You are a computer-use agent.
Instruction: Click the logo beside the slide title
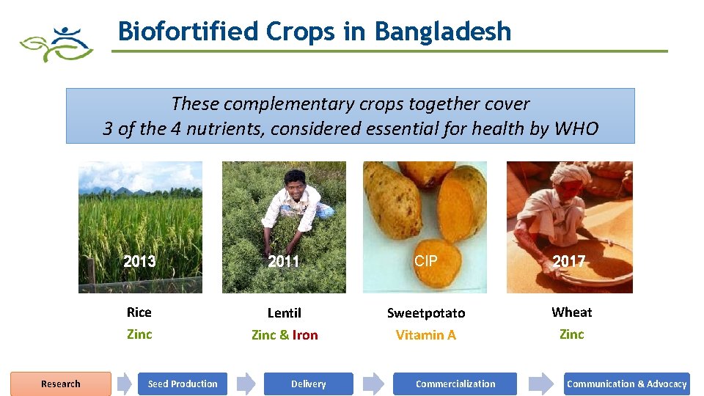(x=56, y=44)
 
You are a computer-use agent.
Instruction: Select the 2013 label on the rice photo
(x=139, y=261)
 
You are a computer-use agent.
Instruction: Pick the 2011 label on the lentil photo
(x=283, y=261)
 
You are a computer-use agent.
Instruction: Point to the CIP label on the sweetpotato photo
(x=426, y=260)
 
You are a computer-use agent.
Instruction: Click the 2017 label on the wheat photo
(x=568, y=261)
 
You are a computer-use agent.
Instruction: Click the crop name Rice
(x=139, y=312)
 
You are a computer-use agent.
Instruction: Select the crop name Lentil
(x=284, y=313)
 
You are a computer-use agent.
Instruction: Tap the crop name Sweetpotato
(x=426, y=313)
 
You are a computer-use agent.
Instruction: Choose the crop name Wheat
(x=571, y=312)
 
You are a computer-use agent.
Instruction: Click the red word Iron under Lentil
(x=305, y=335)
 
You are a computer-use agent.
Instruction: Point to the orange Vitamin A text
(x=426, y=335)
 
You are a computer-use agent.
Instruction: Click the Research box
(x=61, y=384)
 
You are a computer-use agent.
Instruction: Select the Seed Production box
(x=183, y=384)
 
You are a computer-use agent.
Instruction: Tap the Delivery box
(x=308, y=384)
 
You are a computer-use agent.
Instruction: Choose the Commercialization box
(x=455, y=384)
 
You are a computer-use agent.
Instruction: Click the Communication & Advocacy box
(x=626, y=384)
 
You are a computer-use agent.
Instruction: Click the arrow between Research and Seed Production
(x=125, y=384)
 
